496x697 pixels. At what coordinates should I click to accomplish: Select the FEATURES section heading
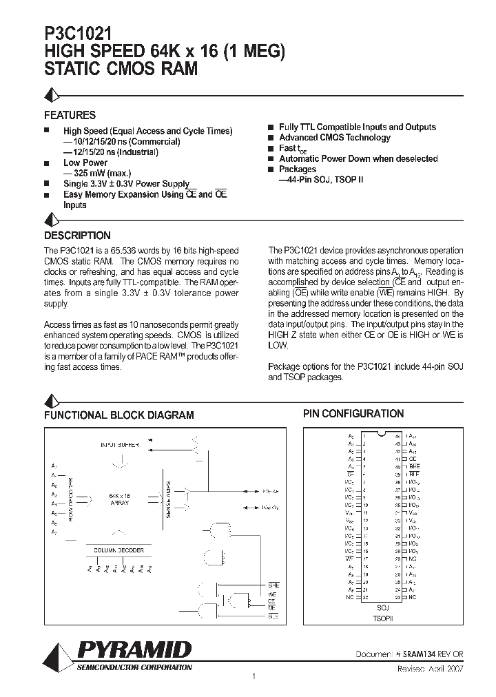(70, 115)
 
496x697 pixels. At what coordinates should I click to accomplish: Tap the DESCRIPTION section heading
(77, 235)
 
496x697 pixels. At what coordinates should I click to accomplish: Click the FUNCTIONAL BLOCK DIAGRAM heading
(119, 415)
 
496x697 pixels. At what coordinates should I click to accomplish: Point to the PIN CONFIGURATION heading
(353, 413)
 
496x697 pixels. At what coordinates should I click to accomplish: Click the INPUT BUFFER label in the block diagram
(120, 446)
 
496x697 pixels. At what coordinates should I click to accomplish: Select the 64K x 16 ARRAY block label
(120, 499)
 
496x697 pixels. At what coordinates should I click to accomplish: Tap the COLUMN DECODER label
(119, 550)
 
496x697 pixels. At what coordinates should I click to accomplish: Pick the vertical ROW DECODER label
(71, 498)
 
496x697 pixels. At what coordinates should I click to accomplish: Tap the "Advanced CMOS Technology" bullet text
(324, 138)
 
